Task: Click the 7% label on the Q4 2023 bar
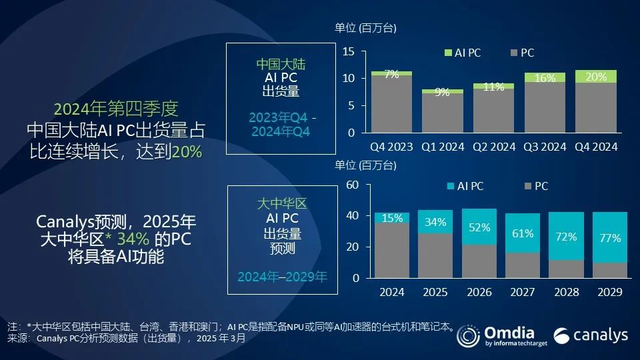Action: coord(391,75)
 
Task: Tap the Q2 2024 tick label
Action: coord(494,146)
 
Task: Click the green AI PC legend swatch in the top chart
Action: coord(448,53)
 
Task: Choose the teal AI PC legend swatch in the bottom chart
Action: coord(448,187)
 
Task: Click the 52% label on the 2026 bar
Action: coord(479,227)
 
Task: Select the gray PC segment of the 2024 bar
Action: coord(392,250)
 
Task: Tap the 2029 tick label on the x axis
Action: coord(610,292)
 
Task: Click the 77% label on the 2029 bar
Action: coord(610,237)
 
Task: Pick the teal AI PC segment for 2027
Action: coord(523,233)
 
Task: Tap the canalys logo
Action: coord(591,335)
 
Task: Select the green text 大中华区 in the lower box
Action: coord(281,203)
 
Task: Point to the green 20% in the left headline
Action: coord(187,152)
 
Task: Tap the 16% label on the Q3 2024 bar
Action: coord(545,78)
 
